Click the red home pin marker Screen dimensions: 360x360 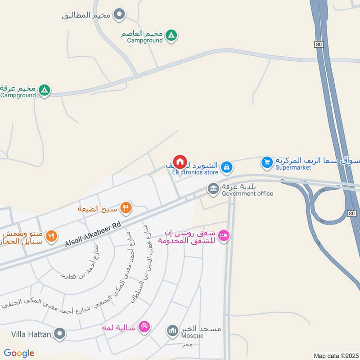pyautogui.click(x=180, y=162)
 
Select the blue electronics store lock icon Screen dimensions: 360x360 pyautogui.click(x=227, y=167)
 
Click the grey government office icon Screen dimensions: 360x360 pyautogui.click(x=212, y=189)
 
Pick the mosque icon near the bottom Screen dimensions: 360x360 pyautogui.click(x=172, y=332)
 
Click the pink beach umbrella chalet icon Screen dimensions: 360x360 pyautogui.click(x=144, y=326)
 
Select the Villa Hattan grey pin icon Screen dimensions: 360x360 pyautogui.click(x=59, y=334)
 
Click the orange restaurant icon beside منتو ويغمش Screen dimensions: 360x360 pyautogui.click(x=52, y=235)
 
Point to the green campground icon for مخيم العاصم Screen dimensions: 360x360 pyautogui.click(x=171, y=35)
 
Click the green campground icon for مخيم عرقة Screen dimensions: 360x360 pyautogui.click(x=44, y=90)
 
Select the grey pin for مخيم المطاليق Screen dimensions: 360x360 pyautogui.click(x=119, y=15)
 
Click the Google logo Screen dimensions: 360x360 pyautogui.click(x=19, y=353)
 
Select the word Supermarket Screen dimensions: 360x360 pyautogui.click(x=293, y=167)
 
